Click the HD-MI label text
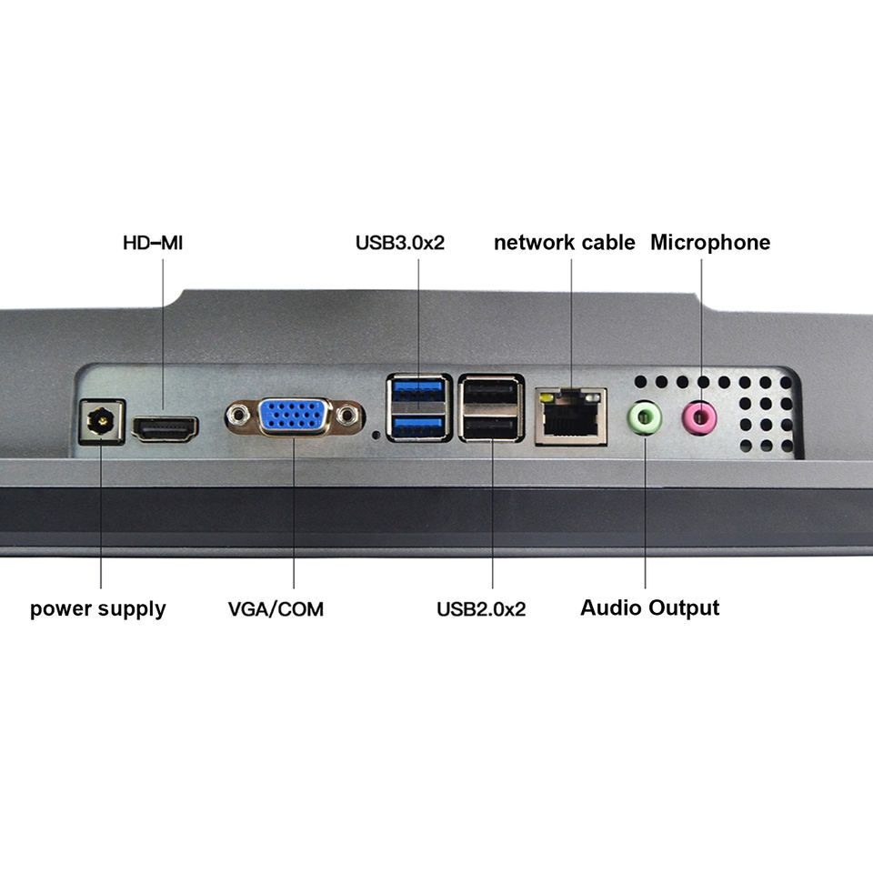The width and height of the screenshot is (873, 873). pos(159,243)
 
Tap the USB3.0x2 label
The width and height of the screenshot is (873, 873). pos(400,243)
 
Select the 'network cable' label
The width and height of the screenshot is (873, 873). pos(564,243)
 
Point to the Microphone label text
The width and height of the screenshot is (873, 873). pos(709,243)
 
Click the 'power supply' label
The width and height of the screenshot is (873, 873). pos(98,608)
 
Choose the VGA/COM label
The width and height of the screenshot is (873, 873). pos(276,608)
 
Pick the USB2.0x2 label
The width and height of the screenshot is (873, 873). pos(481,608)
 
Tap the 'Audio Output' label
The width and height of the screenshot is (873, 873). pos(649,607)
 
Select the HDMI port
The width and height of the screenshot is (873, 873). pos(166,426)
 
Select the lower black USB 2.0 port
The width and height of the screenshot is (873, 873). pos(492,426)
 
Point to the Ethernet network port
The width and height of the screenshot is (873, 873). pos(570,416)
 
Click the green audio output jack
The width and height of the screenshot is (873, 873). pos(644,418)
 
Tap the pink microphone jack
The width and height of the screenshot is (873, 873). pos(699,418)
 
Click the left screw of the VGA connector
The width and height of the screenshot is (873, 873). pos(239,416)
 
